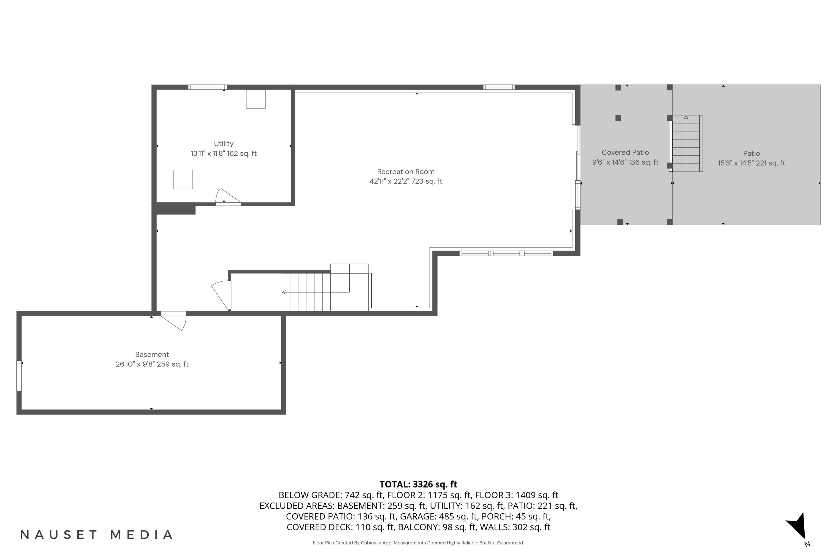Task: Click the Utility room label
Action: [223, 144]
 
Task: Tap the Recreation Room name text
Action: [406, 172]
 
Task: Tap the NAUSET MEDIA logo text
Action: [97, 535]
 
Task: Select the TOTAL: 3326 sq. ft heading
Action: [418, 484]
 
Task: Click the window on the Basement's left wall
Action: [19, 376]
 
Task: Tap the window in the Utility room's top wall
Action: [208, 87]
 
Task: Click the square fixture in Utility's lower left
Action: [183, 179]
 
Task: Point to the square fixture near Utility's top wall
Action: [256, 99]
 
